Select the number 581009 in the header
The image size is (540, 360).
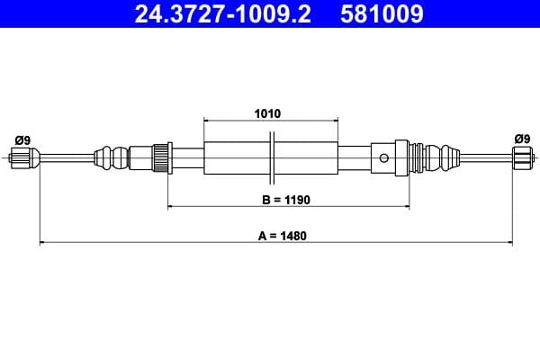(382, 14)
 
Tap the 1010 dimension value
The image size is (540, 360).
(269, 114)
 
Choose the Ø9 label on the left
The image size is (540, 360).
(22, 139)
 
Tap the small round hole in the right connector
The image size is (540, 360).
(384, 159)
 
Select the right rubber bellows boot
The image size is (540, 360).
(438, 159)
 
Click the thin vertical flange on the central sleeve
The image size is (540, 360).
(272, 158)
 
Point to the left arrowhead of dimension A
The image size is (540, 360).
(42, 242)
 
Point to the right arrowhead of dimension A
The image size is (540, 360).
(509, 242)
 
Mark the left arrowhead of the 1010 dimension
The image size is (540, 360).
(208, 121)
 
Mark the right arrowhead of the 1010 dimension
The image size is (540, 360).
(336, 121)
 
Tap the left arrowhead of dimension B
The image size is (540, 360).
(171, 207)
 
